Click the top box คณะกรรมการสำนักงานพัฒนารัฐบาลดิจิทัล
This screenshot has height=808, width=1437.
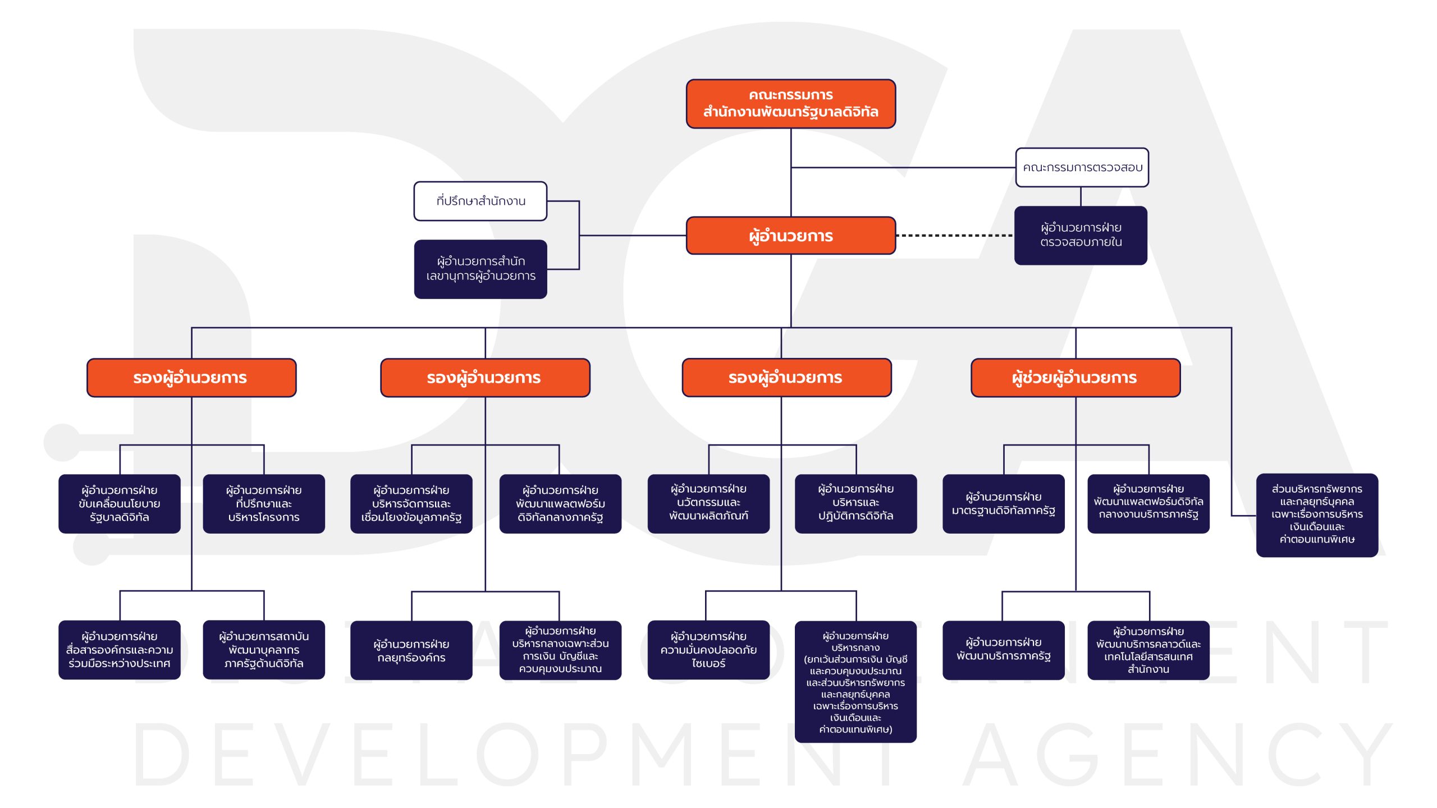click(790, 104)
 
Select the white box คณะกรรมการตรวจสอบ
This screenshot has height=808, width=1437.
click(1082, 167)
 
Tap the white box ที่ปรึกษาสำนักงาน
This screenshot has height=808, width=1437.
click(480, 201)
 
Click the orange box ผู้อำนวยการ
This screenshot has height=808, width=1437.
click(790, 236)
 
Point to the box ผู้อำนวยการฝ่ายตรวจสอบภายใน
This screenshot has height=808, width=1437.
click(1081, 235)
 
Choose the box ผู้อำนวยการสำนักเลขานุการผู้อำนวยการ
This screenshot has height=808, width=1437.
click(480, 269)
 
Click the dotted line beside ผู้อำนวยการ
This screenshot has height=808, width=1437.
click(955, 236)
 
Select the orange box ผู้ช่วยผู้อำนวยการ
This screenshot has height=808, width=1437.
click(1076, 378)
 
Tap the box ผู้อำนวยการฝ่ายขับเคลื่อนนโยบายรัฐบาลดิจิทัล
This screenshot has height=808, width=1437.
click(120, 504)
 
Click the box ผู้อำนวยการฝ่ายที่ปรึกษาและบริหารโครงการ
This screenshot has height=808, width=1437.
click(264, 504)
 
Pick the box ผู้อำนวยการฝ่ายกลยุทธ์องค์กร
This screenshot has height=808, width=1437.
click(411, 650)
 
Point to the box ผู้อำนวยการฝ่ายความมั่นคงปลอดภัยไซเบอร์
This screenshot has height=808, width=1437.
click(708, 650)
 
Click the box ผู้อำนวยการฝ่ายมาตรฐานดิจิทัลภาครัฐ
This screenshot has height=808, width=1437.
click(1004, 504)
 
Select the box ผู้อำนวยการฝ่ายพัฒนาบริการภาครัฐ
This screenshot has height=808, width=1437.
click(1004, 650)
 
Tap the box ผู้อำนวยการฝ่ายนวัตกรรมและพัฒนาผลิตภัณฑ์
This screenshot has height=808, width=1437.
click(708, 504)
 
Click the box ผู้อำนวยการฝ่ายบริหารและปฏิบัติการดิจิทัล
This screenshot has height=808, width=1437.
click(856, 504)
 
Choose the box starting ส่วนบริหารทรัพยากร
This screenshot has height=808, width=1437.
click(1317, 515)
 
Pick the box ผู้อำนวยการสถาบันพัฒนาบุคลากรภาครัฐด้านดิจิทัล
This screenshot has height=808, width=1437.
click(264, 650)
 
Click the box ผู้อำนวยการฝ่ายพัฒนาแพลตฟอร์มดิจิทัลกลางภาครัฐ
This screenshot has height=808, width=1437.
click(560, 504)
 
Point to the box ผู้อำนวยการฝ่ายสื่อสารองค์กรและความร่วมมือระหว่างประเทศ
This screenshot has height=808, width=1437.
click(120, 650)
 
